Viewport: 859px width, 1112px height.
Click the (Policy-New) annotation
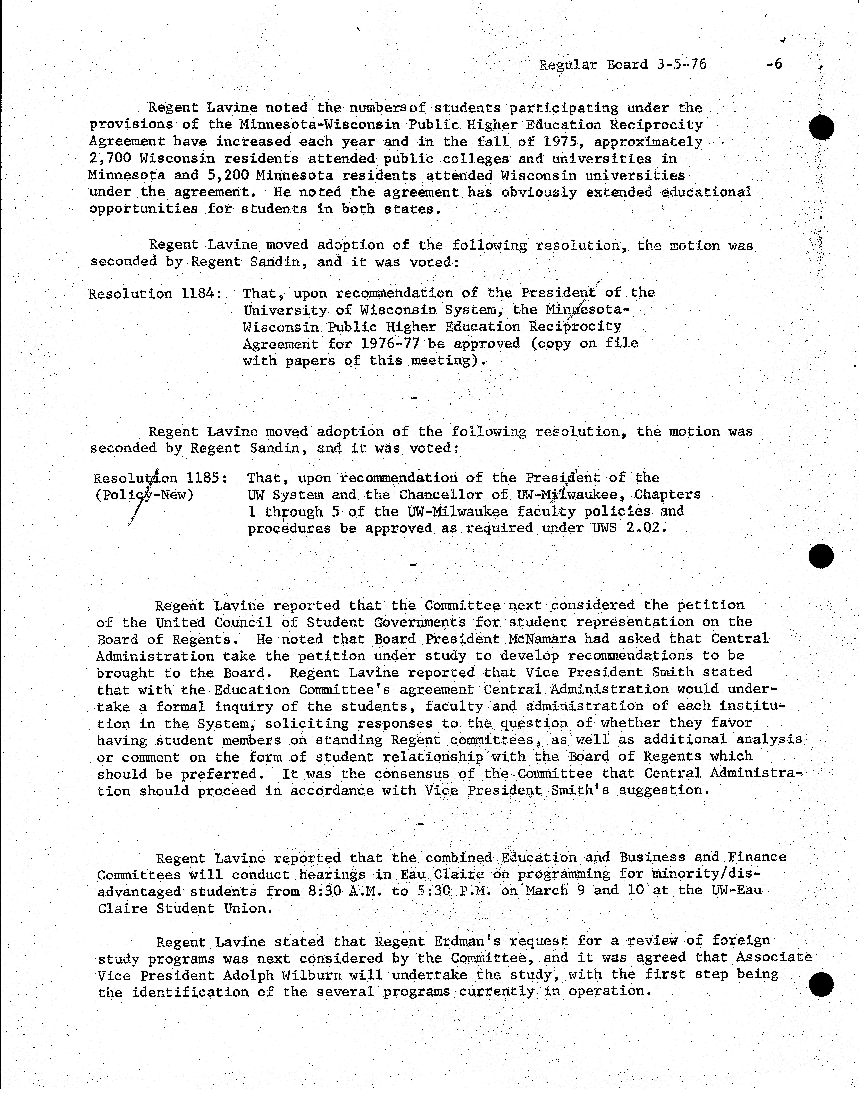(x=144, y=495)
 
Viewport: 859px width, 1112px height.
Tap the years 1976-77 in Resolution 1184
(x=390, y=344)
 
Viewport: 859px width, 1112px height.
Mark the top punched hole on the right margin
(x=821, y=127)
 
